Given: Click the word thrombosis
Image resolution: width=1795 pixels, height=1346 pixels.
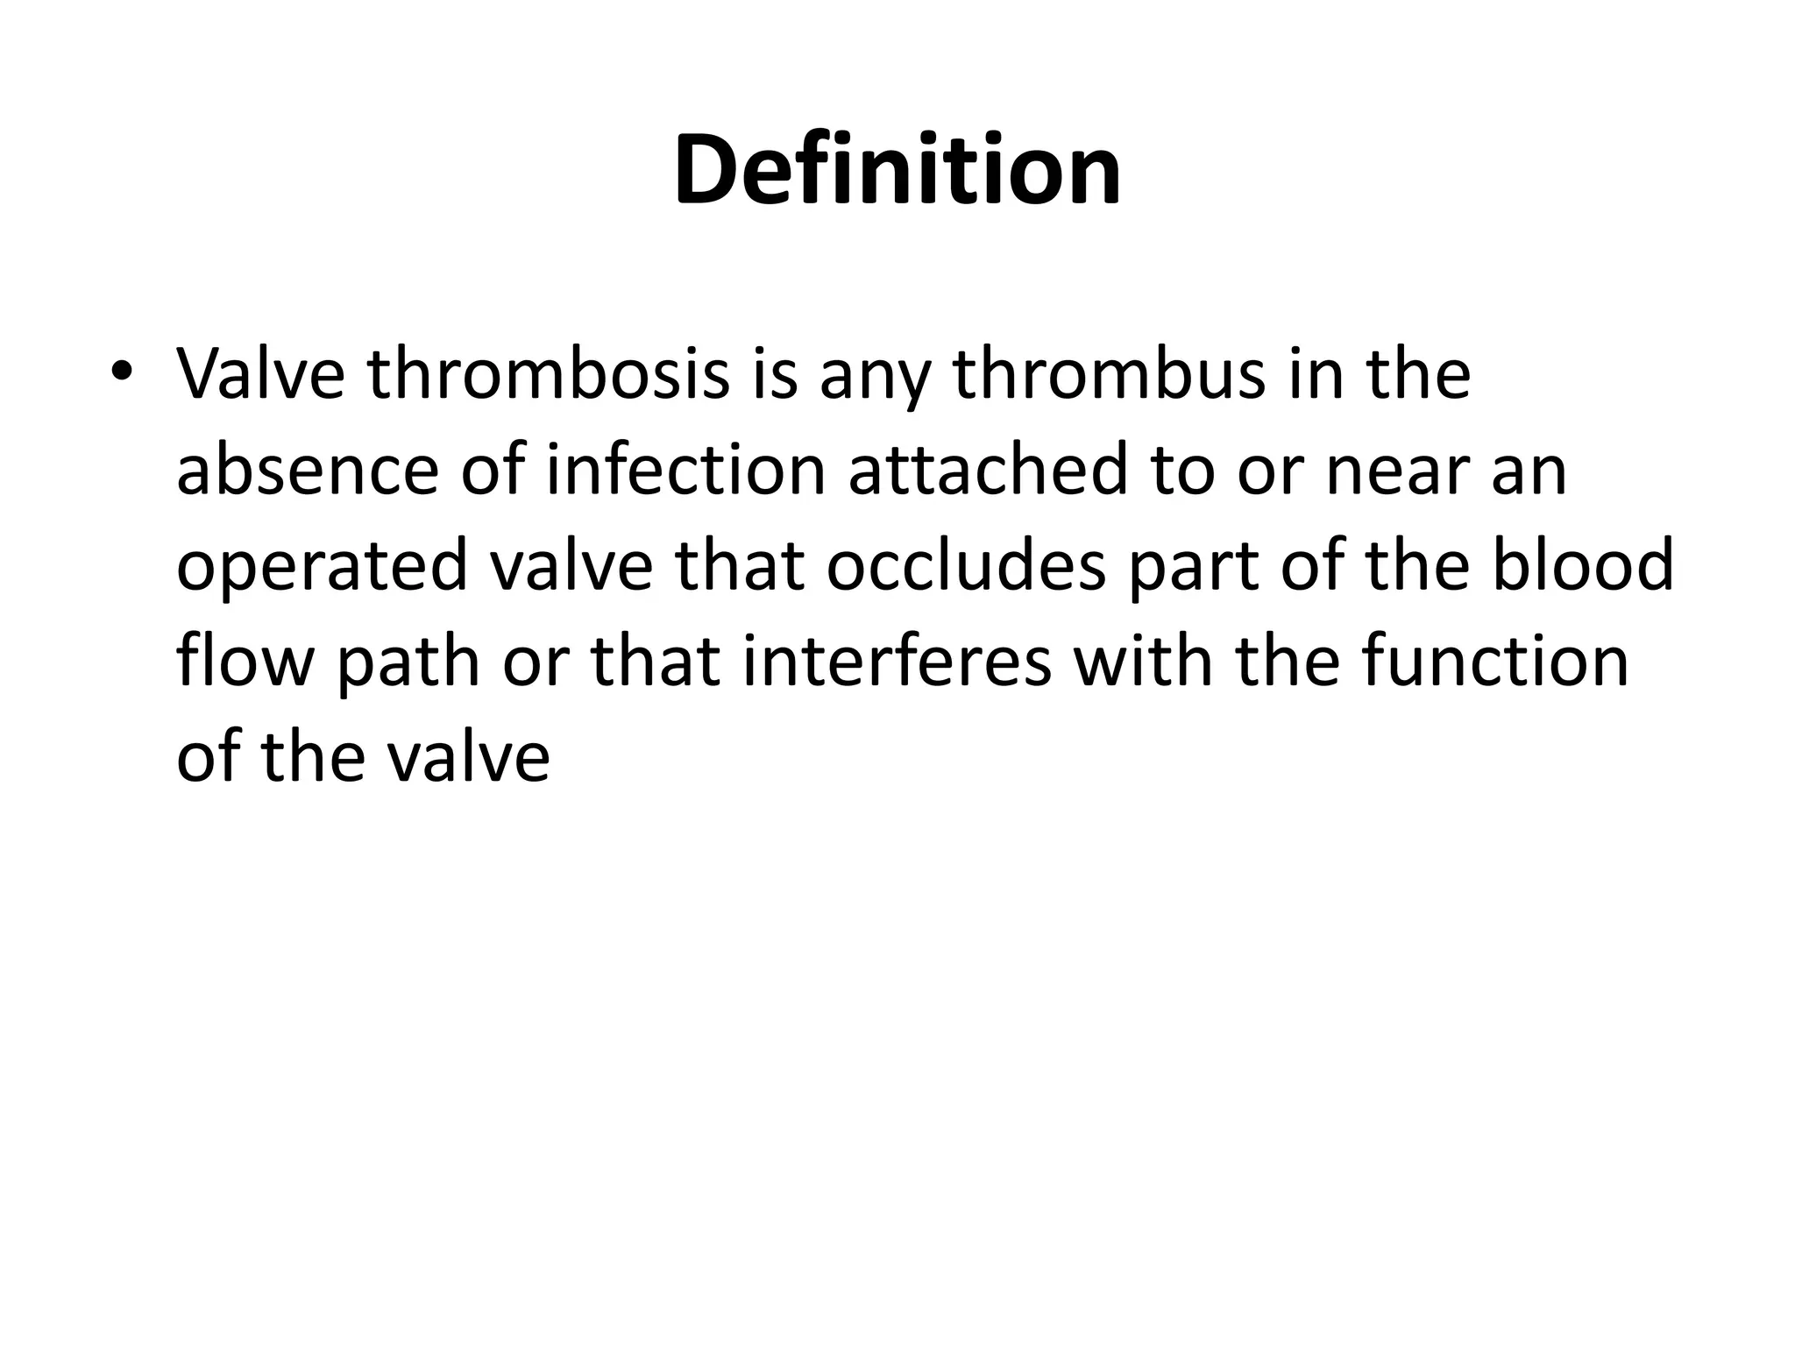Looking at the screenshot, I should pyautogui.click(x=549, y=374).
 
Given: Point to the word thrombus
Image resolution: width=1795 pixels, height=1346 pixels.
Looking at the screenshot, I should pyautogui.click(x=1109, y=374).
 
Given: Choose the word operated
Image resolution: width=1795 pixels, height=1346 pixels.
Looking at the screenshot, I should pyautogui.click(x=322, y=566).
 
